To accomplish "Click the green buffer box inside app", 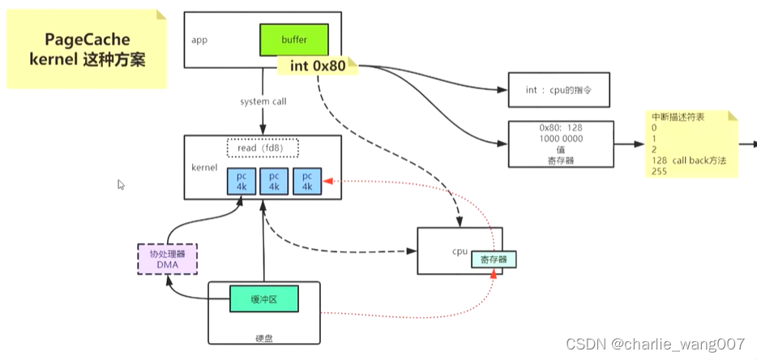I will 294,39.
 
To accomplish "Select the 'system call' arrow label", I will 263,102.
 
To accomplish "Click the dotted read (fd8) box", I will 262,148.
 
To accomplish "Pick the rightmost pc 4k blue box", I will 306,182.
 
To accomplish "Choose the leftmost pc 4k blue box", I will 241,182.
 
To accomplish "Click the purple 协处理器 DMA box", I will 167,259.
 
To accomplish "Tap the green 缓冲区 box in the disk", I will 263,299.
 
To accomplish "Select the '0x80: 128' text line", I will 560,128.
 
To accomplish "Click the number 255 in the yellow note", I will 653,172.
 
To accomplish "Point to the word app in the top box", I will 200,40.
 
